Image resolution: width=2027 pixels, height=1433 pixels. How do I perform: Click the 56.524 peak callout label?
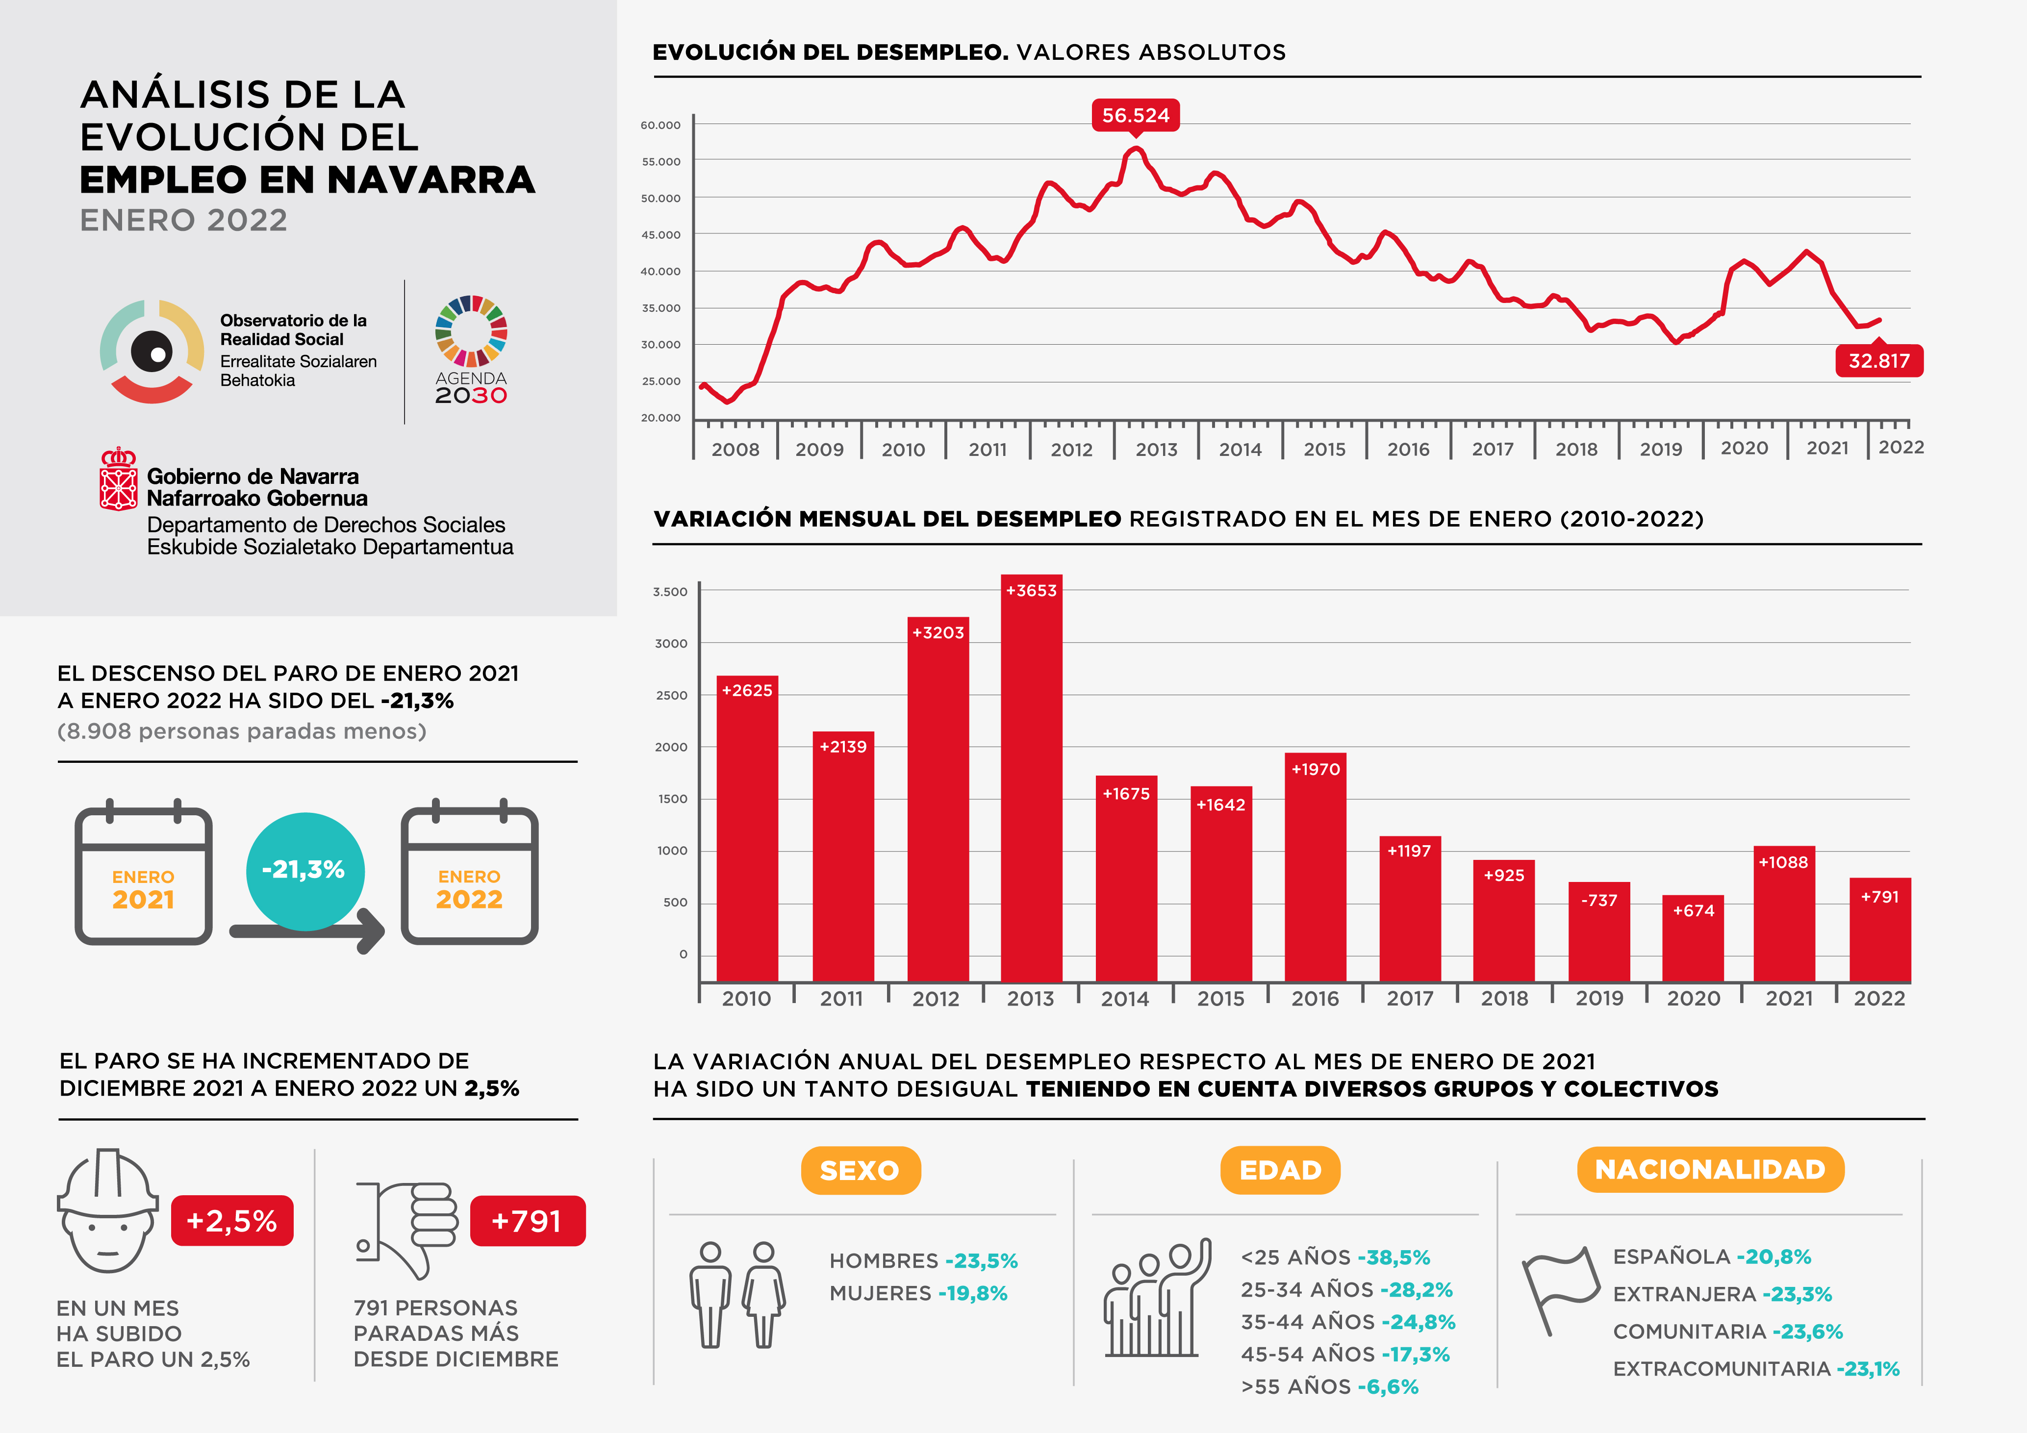pos(1135,116)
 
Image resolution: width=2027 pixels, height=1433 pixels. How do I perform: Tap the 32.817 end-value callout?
pos(1879,361)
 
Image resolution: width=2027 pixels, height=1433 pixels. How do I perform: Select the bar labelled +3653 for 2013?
pos(1031,777)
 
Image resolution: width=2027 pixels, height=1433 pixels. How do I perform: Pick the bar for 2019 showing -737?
pos(1599,931)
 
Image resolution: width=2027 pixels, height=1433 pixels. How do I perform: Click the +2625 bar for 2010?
pos(747,828)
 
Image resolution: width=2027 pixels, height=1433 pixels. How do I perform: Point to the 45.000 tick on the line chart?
pos(660,235)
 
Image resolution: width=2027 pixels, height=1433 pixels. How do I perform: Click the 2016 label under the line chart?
pos(1408,450)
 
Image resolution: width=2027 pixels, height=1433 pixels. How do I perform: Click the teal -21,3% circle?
pos(304,871)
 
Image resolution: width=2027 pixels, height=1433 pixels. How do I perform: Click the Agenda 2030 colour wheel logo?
pos(471,331)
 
